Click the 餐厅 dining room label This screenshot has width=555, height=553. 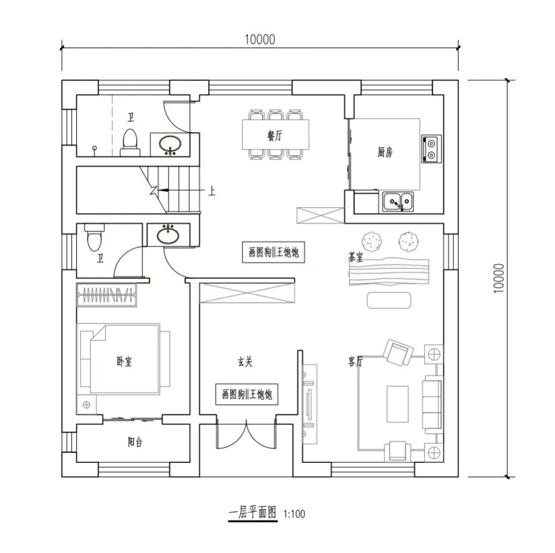point(275,135)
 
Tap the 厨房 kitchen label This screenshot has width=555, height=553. point(384,153)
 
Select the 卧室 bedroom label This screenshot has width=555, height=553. point(124,362)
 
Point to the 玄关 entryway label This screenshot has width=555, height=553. point(244,362)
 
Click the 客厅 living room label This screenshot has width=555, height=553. point(355,362)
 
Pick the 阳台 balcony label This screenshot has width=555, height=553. point(135,442)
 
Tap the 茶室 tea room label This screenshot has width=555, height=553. point(356,257)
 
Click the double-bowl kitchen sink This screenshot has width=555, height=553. point(398,202)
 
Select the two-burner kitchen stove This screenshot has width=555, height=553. point(431,149)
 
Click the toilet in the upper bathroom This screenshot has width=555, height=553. point(130,143)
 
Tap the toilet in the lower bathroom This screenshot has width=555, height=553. point(94,237)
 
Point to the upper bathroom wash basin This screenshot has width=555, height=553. point(170,145)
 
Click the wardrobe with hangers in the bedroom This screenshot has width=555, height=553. point(106,295)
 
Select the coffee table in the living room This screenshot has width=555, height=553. point(397,404)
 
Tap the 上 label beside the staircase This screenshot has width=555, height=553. point(211,191)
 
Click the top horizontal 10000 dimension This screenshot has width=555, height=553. point(260,39)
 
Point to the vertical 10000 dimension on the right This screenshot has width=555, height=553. point(498,278)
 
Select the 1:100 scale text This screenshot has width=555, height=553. point(294,514)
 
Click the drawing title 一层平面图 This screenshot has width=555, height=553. point(252,513)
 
